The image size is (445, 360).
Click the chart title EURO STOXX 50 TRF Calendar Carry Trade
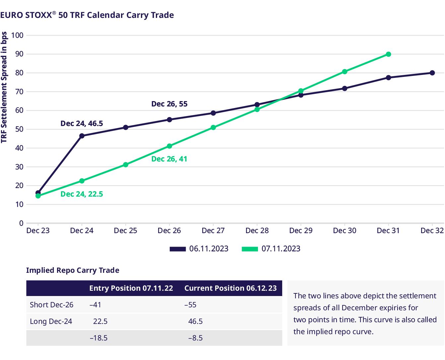point(87,15)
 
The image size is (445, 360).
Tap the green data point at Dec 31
point(388,54)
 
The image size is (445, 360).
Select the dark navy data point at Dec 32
point(432,73)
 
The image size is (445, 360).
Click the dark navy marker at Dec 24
point(82,136)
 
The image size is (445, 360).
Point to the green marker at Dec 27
point(213,128)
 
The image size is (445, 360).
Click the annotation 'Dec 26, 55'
point(169,104)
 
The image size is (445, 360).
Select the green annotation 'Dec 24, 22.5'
point(82,194)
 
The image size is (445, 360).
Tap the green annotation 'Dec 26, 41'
point(169,159)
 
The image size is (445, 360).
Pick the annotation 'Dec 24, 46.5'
point(82,124)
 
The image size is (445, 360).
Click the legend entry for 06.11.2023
point(199,249)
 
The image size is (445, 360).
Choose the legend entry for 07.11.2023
point(271,249)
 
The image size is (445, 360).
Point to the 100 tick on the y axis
point(17,35)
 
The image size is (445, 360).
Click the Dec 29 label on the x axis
point(301,231)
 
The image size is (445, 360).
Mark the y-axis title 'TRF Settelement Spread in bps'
point(4,87)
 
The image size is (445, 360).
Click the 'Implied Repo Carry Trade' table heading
point(73,270)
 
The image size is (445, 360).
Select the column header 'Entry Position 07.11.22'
point(131,288)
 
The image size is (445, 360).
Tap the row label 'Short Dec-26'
point(51,305)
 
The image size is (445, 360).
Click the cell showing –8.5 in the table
point(195,338)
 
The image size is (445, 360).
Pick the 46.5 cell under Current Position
point(195,322)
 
